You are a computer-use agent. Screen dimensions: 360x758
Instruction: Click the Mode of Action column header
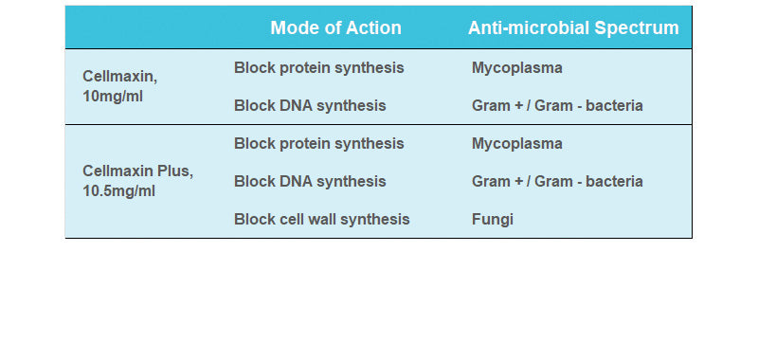click(335, 28)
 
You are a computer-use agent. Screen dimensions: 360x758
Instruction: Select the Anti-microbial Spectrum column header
click(573, 28)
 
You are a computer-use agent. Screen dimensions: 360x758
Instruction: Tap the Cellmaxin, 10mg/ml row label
click(119, 87)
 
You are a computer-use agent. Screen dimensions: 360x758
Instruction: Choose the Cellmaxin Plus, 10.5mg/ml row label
click(137, 181)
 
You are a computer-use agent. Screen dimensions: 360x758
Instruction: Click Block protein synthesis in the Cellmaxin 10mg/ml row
click(318, 68)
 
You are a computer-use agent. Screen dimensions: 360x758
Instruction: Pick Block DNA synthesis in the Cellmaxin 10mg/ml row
click(310, 106)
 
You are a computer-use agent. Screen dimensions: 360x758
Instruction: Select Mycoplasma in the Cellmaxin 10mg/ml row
click(516, 68)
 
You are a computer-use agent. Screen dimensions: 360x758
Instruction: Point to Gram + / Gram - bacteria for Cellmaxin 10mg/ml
click(557, 106)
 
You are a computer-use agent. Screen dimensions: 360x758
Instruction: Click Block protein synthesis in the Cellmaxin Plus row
click(318, 144)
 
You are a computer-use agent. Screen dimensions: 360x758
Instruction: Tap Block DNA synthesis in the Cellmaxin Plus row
click(310, 181)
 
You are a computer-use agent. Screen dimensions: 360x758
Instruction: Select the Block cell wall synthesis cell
click(321, 219)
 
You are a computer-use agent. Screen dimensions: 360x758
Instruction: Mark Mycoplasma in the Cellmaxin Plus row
click(516, 144)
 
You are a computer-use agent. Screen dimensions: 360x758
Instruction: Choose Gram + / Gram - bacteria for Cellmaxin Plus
click(557, 181)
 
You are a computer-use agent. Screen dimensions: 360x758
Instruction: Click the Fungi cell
click(492, 219)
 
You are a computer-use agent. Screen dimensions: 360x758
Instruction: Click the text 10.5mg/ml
click(119, 191)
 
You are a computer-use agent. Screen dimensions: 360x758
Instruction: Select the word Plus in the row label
click(177, 171)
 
